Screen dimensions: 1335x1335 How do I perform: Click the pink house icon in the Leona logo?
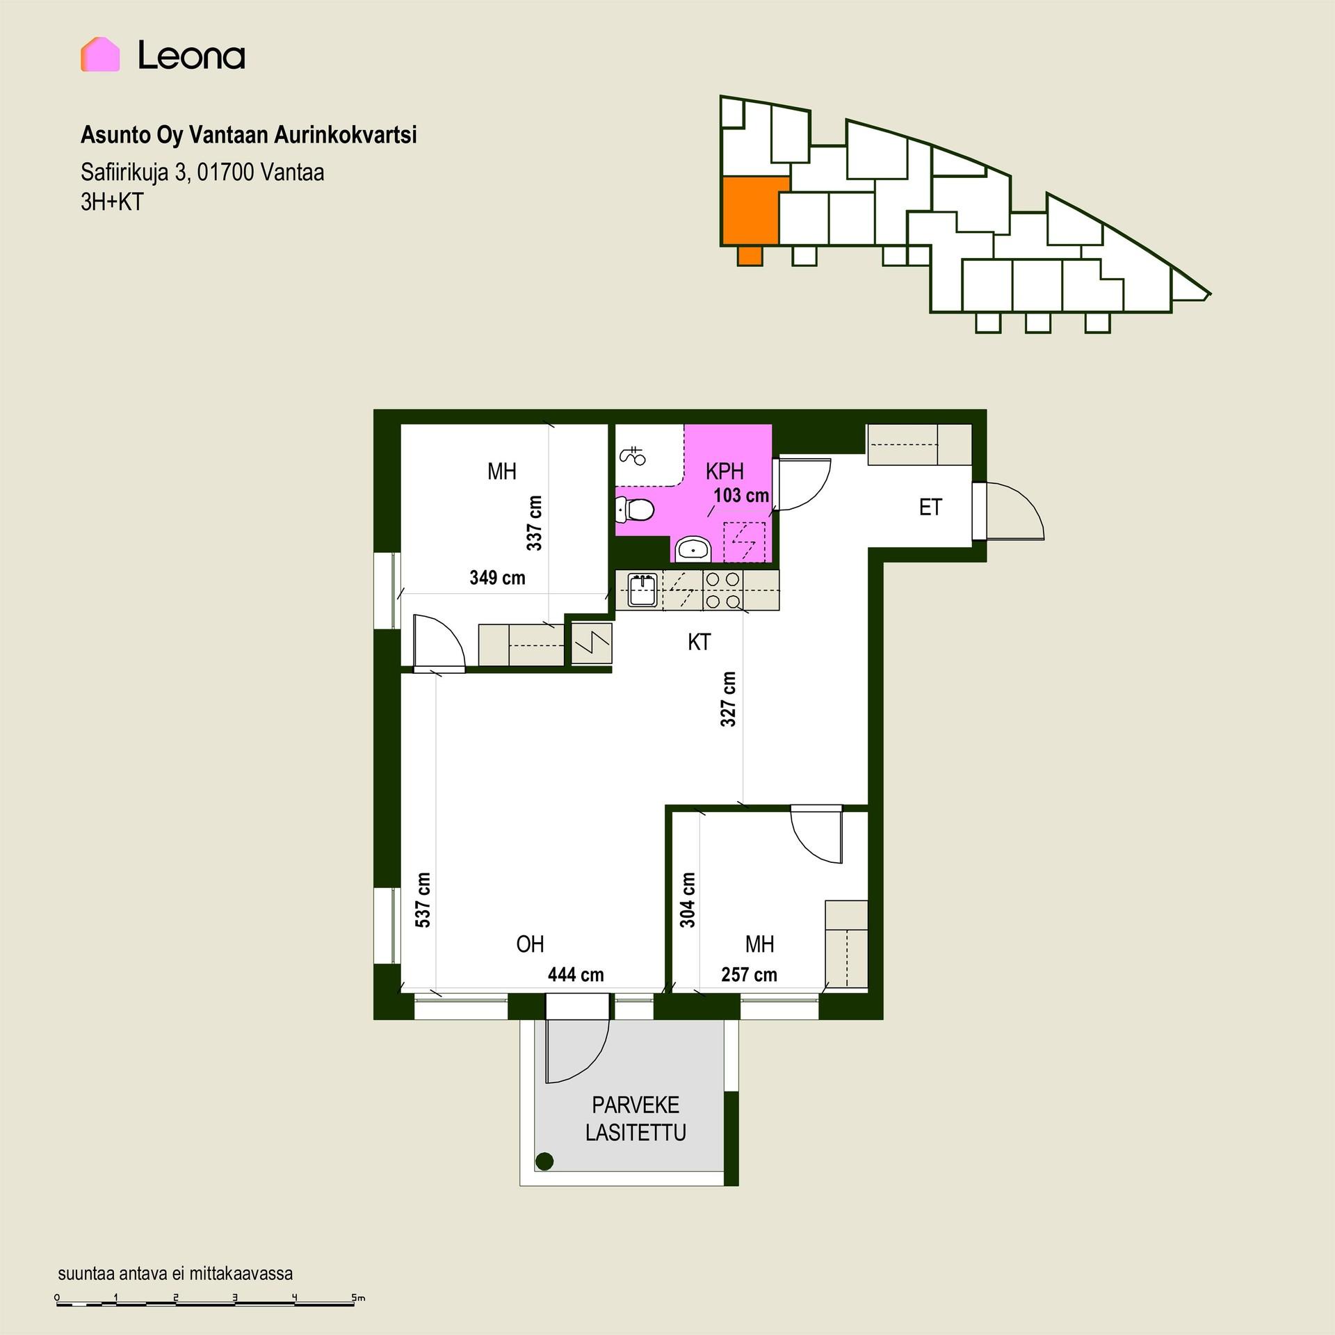click(100, 54)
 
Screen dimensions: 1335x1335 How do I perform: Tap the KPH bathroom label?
click(725, 471)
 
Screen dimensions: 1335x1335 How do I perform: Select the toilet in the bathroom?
click(635, 510)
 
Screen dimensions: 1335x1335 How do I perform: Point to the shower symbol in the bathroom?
click(632, 455)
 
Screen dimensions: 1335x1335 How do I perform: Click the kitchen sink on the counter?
click(642, 590)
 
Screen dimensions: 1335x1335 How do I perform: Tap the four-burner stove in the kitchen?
click(722, 590)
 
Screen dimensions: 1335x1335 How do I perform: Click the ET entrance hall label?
click(930, 508)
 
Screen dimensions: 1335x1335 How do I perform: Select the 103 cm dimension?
click(741, 496)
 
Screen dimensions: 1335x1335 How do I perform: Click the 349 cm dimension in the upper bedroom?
click(497, 578)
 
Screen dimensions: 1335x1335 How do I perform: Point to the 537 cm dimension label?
click(423, 900)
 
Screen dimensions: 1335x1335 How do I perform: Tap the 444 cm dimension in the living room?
click(576, 975)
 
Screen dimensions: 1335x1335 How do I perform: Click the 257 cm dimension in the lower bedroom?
click(749, 975)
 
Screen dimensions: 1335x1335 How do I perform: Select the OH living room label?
click(530, 944)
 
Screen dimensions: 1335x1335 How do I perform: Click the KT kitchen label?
click(699, 642)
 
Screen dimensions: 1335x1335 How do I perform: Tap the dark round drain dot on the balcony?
click(544, 1160)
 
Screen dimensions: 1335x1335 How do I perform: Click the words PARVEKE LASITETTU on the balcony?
click(636, 1119)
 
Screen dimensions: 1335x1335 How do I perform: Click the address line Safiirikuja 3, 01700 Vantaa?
click(202, 172)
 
